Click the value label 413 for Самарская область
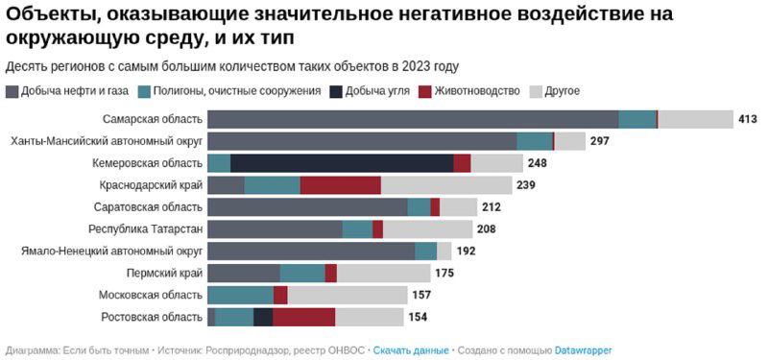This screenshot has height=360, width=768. pos(748,119)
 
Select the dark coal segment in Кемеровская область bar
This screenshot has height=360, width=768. pos(342,163)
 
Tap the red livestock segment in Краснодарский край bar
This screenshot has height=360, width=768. pos(340,185)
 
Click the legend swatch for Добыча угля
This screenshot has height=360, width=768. pos(336,91)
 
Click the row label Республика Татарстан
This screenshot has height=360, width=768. pos(145,228)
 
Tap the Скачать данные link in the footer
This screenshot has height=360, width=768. pos(411,350)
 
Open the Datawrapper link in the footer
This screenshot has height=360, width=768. pos(584,350)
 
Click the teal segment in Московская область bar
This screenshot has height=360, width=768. pos(240,295)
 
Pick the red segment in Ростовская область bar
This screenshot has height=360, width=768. pos(303,317)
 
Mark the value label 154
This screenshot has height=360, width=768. pos(417,317)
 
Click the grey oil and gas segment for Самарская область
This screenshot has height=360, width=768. pos(413,119)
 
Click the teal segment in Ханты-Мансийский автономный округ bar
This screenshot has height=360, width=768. pos(535,141)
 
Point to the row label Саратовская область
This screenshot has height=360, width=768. pos(149,207)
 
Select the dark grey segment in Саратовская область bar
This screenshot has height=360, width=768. pos(307,207)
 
